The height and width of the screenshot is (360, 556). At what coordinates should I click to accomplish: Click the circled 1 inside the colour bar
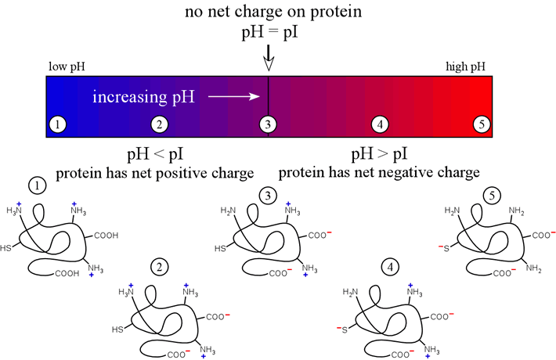(58, 124)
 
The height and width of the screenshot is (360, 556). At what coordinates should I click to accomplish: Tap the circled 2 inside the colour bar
(160, 124)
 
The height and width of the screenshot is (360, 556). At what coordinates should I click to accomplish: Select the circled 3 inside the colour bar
(268, 124)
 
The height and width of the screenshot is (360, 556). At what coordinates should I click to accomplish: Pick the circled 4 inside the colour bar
(380, 124)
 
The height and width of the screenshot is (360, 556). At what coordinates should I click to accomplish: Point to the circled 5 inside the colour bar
(482, 124)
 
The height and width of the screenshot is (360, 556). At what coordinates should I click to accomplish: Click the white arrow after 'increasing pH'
(234, 96)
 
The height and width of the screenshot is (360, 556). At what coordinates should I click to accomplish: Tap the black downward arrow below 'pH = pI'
(269, 58)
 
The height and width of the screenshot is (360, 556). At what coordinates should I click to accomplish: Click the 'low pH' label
(67, 67)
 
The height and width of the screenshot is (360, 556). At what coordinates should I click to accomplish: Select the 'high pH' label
(465, 67)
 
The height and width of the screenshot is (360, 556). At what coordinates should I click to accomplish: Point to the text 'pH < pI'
(155, 154)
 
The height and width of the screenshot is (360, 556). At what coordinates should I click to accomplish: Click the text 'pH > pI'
(380, 154)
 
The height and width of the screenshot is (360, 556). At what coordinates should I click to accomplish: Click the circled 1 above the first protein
(38, 185)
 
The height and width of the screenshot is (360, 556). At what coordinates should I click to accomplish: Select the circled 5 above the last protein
(492, 196)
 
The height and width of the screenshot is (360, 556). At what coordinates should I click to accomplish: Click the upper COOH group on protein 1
(106, 236)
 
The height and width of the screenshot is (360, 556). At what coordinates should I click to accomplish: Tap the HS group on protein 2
(117, 329)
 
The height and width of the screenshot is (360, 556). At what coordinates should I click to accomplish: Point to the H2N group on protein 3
(228, 211)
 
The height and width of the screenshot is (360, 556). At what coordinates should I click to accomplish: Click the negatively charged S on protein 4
(342, 329)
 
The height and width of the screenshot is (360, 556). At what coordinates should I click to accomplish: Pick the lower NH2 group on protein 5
(533, 268)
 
